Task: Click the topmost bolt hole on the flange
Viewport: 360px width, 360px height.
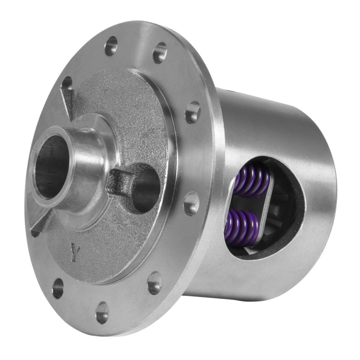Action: pos(111,45)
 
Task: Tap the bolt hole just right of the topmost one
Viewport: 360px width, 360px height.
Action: pos(160,53)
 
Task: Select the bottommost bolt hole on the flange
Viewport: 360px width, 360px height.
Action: pos(102,312)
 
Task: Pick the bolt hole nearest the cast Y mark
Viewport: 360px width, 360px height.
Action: pos(58,288)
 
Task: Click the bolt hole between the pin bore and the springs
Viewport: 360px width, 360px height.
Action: pos(192,203)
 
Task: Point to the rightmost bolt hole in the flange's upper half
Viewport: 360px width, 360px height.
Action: pos(193,112)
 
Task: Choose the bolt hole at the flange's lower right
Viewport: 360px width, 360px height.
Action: pos(154,283)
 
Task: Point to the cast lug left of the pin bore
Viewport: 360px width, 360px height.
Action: pos(121,182)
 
